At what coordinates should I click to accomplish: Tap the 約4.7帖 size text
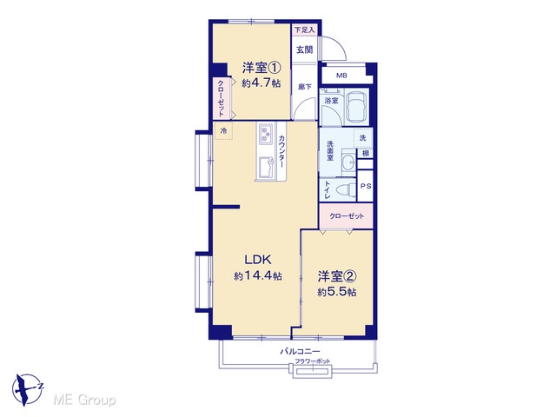point(261,83)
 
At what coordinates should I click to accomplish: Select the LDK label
point(258,260)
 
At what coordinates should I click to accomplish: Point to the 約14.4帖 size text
point(258,275)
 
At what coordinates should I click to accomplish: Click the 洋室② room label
point(337,276)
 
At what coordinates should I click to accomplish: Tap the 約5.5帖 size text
point(337,292)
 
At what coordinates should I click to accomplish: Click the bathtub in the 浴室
point(357,107)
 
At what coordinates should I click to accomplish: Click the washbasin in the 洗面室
point(349,162)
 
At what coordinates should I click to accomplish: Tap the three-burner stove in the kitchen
point(266,134)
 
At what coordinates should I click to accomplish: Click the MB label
point(341,76)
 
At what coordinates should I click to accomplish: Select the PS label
point(366,186)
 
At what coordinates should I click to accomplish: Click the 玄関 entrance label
point(304,50)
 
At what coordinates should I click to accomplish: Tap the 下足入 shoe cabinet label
point(305,30)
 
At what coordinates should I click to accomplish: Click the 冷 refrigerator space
point(223,130)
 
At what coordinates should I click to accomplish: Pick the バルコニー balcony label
point(300,351)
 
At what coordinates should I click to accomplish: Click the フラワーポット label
point(313,361)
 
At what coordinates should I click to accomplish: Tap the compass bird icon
point(25,389)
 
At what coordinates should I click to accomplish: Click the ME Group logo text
point(84,400)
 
